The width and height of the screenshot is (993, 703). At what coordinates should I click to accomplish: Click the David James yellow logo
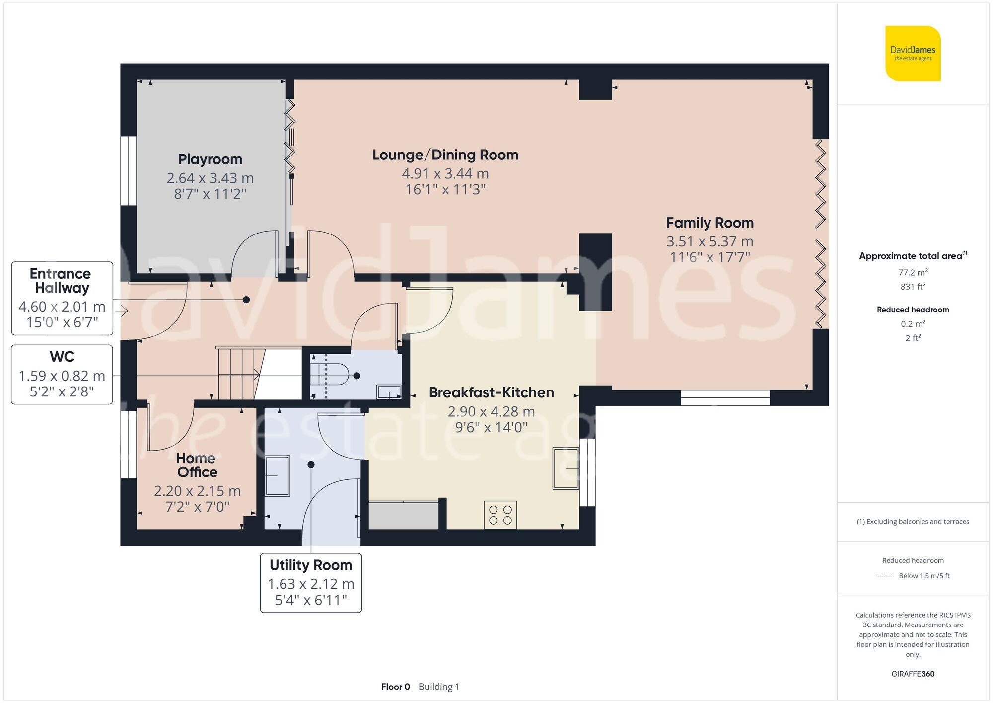click(x=913, y=54)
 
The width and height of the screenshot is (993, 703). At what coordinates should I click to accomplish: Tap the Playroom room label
click(x=210, y=159)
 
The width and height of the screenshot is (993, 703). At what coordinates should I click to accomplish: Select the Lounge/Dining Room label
click(x=445, y=155)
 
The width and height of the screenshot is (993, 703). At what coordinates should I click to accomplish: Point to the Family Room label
click(x=709, y=223)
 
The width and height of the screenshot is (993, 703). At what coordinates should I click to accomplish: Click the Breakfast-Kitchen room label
click(x=491, y=392)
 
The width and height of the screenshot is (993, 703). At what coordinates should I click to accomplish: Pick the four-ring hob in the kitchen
click(x=500, y=515)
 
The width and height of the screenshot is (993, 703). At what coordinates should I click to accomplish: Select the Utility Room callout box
click(x=311, y=582)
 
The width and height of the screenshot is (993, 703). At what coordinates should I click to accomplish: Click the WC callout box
click(x=62, y=374)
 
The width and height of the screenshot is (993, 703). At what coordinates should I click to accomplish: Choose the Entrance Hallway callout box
click(x=62, y=298)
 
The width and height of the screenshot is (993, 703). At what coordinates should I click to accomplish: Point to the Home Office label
click(x=197, y=465)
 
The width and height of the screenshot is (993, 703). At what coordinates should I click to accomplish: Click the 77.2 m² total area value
click(x=913, y=272)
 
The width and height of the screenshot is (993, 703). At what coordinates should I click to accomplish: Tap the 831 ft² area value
click(x=913, y=287)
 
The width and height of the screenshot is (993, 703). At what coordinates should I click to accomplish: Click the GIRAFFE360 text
click(x=913, y=674)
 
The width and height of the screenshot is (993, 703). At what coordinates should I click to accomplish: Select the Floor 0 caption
click(x=395, y=687)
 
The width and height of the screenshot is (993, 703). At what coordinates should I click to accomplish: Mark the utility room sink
click(x=277, y=476)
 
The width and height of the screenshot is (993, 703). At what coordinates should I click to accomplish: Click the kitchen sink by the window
click(x=566, y=468)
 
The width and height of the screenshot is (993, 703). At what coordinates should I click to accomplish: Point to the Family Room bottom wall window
click(x=725, y=397)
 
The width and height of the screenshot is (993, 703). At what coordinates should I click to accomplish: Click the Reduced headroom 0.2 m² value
click(x=913, y=324)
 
